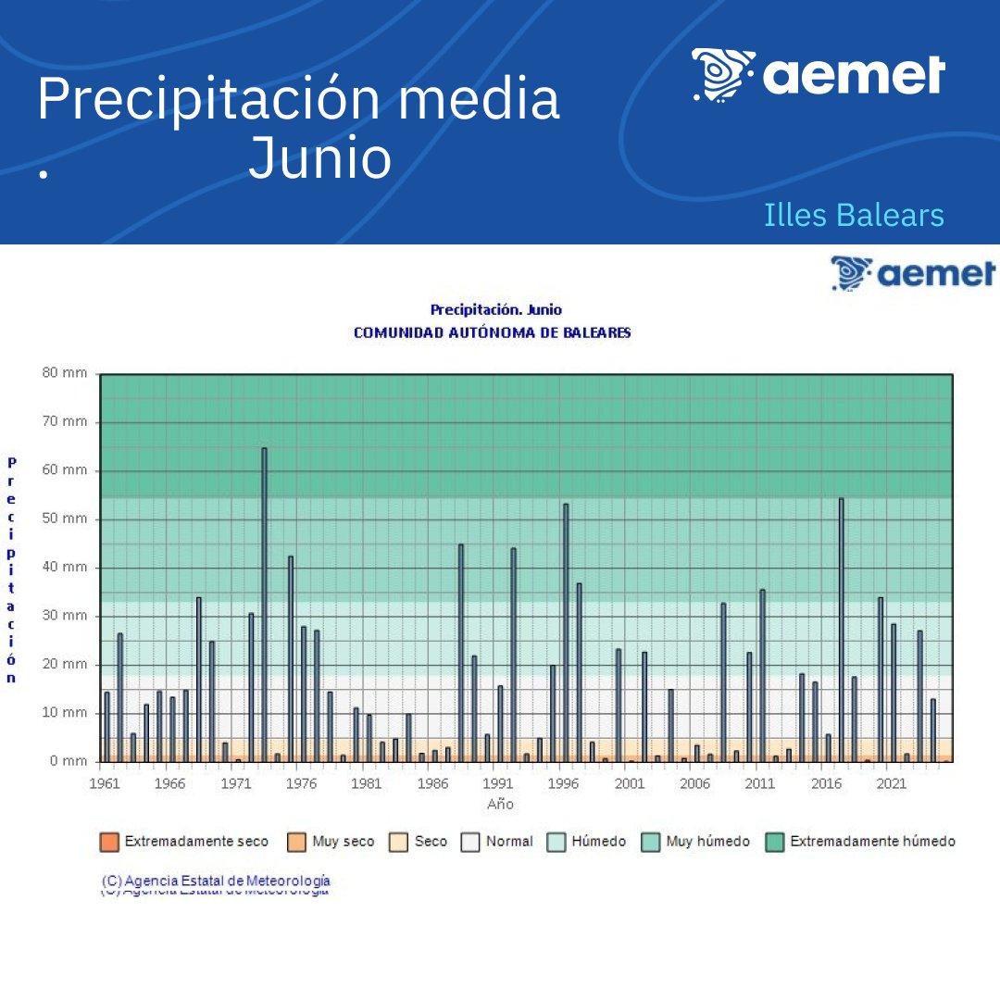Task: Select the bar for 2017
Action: (x=841, y=630)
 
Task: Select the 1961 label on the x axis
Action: (x=105, y=783)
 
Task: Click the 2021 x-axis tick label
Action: (x=892, y=783)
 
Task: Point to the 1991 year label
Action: (x=499, y=783)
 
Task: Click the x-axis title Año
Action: (x=500, y=804)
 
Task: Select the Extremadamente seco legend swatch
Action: (x=109, y=842)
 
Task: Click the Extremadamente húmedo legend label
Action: (x=871, y=842)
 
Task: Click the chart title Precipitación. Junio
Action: (x=495, y=309)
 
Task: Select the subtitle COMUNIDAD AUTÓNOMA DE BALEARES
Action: (x=492, y=332)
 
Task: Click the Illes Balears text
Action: (x=854, y=215)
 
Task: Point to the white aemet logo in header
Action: (x=819, y=74)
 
